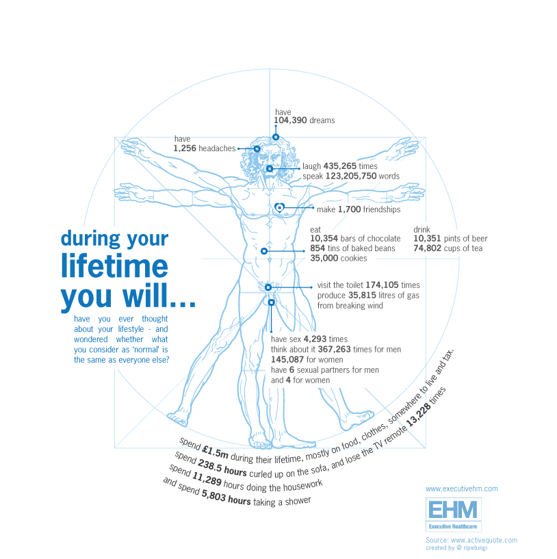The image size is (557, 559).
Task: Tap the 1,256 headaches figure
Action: (184, 148)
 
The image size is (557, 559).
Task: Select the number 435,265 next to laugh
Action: (339, 166)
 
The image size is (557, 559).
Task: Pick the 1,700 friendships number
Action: (349, 210)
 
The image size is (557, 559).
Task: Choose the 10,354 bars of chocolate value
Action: (324, 239)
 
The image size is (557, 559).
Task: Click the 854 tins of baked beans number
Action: (318, 248)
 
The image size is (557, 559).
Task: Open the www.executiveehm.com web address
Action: (461, 489)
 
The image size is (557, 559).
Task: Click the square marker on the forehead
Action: (276, 137)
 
